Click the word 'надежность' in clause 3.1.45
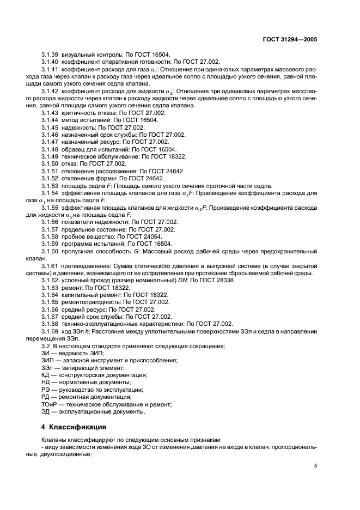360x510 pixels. point(78,126)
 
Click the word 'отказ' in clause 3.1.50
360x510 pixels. point(70,163)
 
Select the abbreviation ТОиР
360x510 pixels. point(51,404)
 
